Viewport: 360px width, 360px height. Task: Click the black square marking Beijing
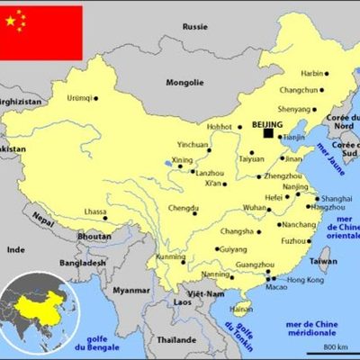pyautogui.click(x=268, y=134)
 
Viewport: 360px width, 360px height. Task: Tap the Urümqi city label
pyautogui.click(x=79, y=98)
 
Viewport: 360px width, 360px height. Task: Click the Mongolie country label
pyautogui.click(x=185, y=83)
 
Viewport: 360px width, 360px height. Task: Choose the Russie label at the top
pyautogui.click(x=194, y=27)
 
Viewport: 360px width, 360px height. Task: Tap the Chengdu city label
pyautogui.click(x=182, y=208)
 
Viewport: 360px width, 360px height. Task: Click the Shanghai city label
pyautogui.click(x=337, y=198)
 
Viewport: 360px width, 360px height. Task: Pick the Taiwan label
pyautogui.click(x=324, y=261)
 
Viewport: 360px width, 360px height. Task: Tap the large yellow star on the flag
pyautogui.click(x=12, y=21)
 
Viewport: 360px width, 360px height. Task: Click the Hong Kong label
pyautogui.click(x=305, y=280)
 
